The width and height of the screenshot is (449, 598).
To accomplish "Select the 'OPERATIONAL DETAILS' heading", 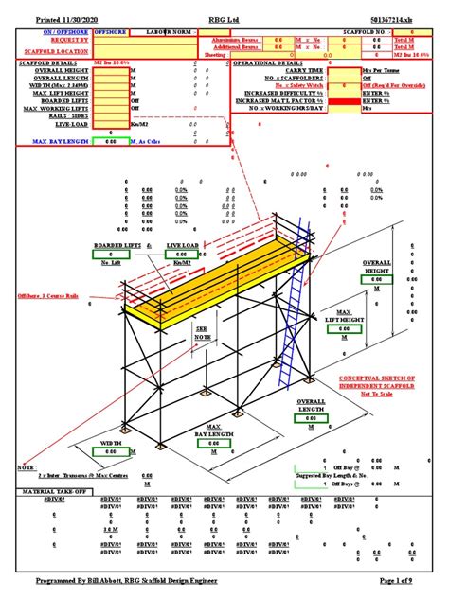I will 275,63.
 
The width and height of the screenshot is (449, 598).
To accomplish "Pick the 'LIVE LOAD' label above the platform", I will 183,244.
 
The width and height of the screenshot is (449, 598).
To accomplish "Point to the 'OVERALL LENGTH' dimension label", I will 311,406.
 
